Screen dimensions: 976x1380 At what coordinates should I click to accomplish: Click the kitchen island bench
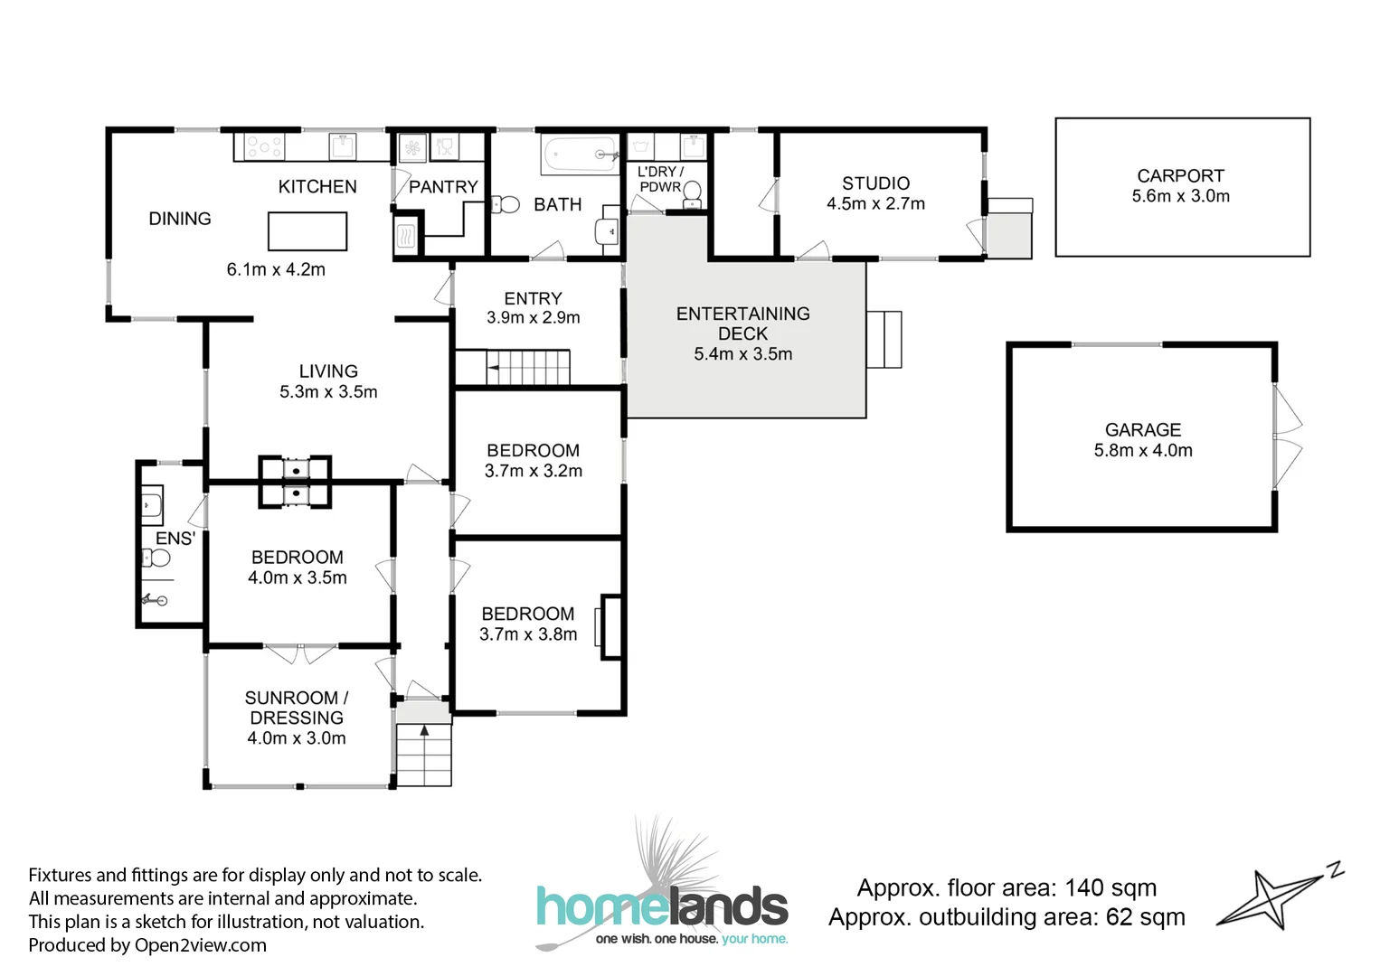pyautogui.click(x=307, y=230)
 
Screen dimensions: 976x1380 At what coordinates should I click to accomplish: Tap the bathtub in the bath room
pyautogui.click(x=579, y=155)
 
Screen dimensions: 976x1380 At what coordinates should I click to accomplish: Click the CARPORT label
pyautogui.click(x=1180, y=176)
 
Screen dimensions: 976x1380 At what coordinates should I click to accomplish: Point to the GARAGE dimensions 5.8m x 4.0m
pyautogui.click(x=1143, y=450)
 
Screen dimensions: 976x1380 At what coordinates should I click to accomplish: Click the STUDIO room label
pyautogui.click(x=875, y=183)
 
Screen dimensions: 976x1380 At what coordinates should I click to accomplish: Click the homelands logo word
pyautogui.click(x=662, y=906)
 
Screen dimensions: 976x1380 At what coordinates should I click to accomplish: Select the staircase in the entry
pyautogui.click(x=528, y=368)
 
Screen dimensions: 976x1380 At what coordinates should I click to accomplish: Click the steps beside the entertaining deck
pyautogui.click(x=884, y=339)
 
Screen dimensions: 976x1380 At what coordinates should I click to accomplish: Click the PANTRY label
pyautogui.click(x=443, y=187)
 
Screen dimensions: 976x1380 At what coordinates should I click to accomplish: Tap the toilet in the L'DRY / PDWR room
pyautogui.click(x=693, y=192)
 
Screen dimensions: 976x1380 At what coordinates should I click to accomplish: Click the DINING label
pyautogui.click(x=180, y=219)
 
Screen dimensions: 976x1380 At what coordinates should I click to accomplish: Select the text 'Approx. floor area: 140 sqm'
pyautogui.click(x=1007, y=887)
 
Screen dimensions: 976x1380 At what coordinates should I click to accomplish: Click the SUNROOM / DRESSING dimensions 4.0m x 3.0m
pyautogui.click(x=297, y=738)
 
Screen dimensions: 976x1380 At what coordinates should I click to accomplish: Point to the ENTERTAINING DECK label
pyautogui.click(x=742, y=324)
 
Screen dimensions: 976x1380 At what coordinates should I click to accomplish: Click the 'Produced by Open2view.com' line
pyautogui.click(x=147, y=945)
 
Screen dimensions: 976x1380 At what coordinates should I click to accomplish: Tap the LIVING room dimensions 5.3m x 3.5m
pyautogui.click(x=328, y=392)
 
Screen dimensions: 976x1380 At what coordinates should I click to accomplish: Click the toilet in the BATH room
pyautogui.click(x=507, y=205)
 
